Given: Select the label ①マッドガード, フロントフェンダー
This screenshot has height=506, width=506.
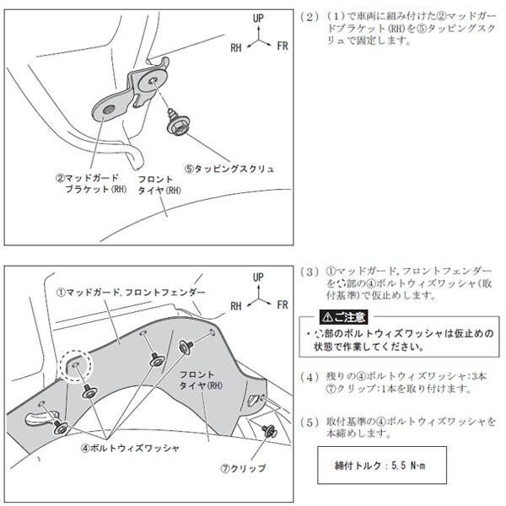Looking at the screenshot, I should point(131,292).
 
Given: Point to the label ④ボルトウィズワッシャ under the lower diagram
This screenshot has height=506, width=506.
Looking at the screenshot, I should point(135,448).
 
